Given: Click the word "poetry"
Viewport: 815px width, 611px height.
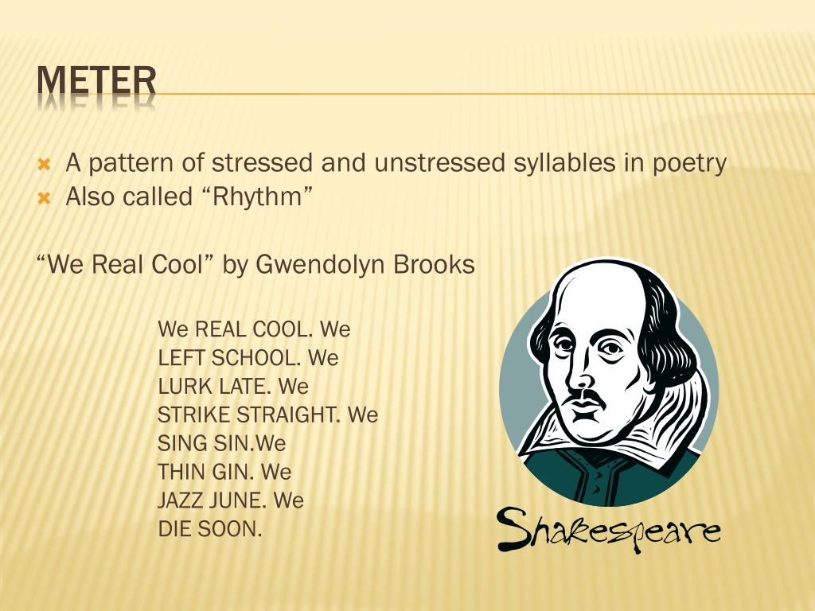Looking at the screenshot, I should [689, 164].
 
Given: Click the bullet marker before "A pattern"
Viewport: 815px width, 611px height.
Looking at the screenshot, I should [45, 165].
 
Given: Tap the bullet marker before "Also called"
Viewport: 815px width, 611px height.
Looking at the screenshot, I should [45, 197].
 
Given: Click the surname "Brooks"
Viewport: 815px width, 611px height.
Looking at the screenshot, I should [435, 265].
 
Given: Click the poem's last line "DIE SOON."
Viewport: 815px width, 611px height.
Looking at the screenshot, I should [210, 529].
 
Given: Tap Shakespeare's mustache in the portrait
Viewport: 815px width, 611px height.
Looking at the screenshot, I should [587, 395].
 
